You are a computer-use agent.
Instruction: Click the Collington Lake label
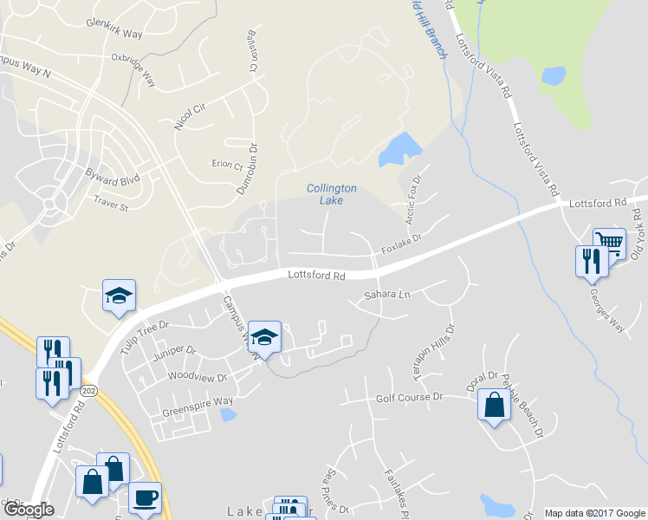(331, 194)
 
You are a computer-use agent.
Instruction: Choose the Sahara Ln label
(386, 295)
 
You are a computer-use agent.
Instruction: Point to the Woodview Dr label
(197, 377)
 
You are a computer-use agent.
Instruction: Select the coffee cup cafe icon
(145, 498)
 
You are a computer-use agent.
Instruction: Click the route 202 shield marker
(88, 391)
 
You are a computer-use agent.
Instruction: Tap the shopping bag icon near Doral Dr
(493, 406)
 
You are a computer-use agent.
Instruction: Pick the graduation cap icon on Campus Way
(264, 336)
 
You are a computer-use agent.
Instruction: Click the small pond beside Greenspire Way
(228, 415)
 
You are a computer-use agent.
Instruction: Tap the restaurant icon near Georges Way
(592, 260)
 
